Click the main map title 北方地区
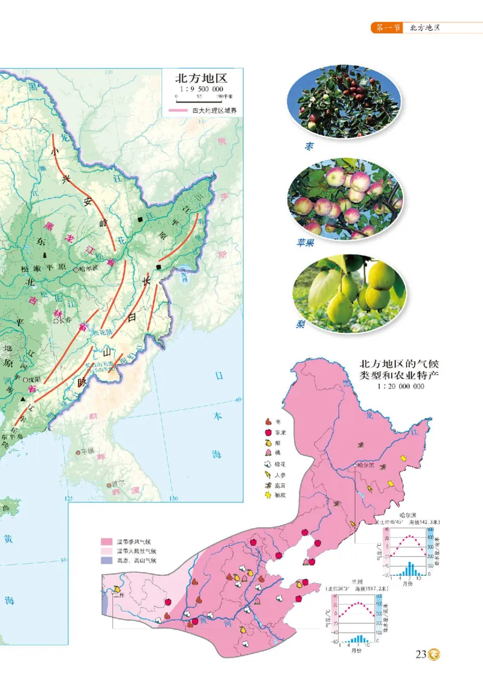200,78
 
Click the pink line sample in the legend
179,110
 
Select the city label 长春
63,321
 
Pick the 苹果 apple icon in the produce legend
267,432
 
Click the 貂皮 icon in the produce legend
267,495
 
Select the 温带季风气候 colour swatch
107,542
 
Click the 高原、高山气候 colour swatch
107,560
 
